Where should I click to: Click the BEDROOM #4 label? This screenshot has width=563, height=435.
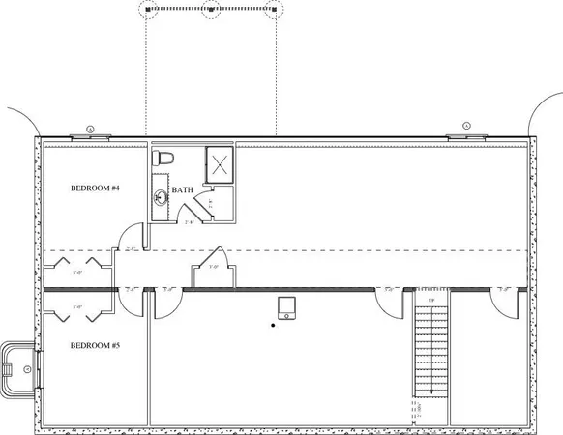[95, 188]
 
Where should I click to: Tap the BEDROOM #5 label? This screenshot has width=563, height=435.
[95, 344]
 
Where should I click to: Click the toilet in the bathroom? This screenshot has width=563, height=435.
[164, 157]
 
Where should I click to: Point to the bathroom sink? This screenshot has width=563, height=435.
[161, 197]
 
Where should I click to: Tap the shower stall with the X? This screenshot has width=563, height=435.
[220, 163]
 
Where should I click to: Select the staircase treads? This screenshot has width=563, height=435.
[427, 353]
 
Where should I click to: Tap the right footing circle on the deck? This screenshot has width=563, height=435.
[275, 12]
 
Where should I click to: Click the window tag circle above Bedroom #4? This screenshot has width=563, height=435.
[90, 128]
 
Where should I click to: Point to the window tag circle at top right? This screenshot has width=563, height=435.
[465, 126]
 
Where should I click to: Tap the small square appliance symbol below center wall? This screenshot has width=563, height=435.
[284, 307]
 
